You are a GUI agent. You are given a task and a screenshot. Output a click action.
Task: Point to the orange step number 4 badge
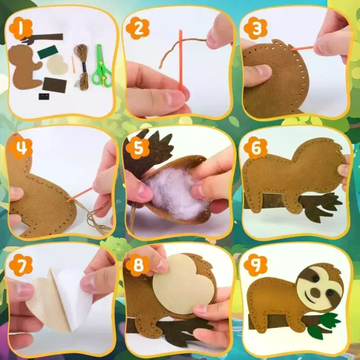[x=20, y=147]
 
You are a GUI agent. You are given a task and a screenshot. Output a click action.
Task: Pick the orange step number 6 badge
[x=255, y=148]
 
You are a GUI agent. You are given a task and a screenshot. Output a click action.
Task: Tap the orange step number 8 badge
[x=138, y=265]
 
